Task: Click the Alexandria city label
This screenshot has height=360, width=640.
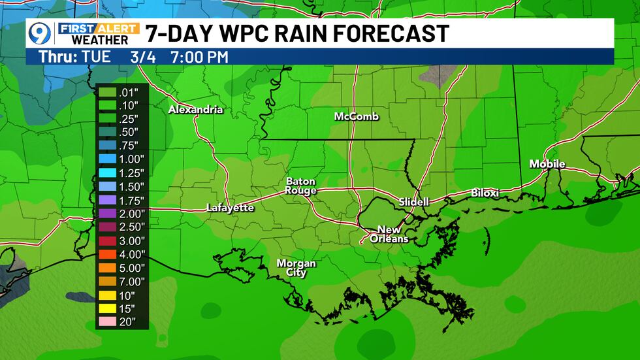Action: click(x=195, y=110)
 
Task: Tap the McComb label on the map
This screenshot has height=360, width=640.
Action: click(x=356, y=117)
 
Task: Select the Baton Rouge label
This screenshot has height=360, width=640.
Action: click(x=300, y=186)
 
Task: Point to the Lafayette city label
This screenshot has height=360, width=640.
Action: click(x=229, y=208)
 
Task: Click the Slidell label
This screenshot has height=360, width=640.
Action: click(x=414, y=202)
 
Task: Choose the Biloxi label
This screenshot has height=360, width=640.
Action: click(x=485, y=193)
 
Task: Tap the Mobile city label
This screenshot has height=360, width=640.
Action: click(x=547, y=164)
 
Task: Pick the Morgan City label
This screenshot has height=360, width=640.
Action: click(x=296, y=268)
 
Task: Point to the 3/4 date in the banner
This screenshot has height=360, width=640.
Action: click(x=139, y=57)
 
